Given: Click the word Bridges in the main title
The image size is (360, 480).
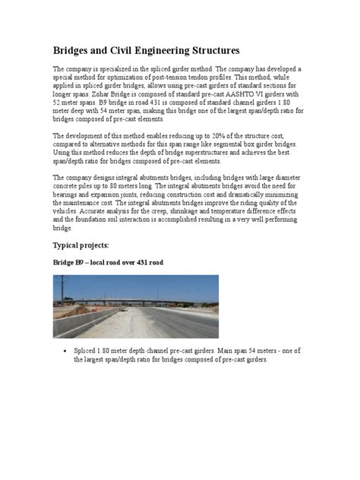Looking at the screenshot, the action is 74,51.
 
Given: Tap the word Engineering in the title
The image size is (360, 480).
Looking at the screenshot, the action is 172,51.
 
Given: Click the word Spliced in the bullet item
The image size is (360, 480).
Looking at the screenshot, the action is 86,352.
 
